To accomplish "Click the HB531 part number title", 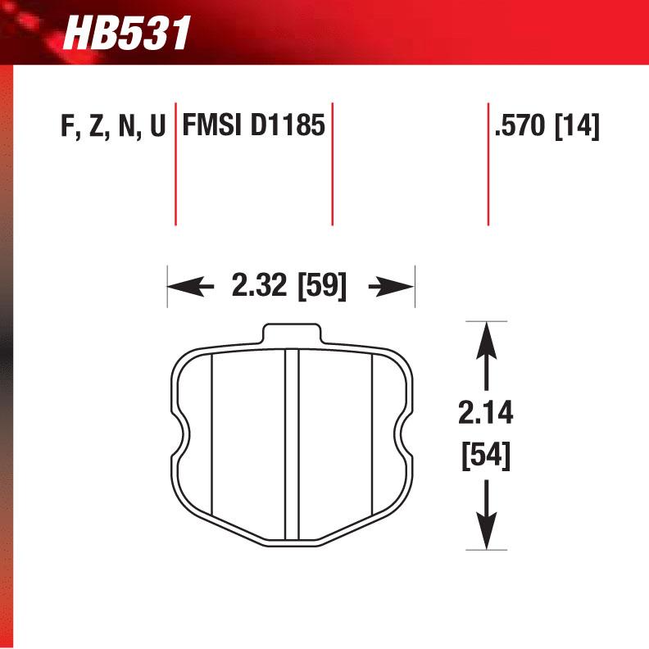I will click(x=127, y=34).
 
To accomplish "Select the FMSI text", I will click(x=212, y=127).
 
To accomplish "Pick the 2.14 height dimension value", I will click(x=486, y=415).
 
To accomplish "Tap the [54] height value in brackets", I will click(x=486, y=455).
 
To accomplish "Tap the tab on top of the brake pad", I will click(x=292, y=334).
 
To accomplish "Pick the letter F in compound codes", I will click(x=66, y=128).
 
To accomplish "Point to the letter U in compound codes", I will click(x=157, y=128).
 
